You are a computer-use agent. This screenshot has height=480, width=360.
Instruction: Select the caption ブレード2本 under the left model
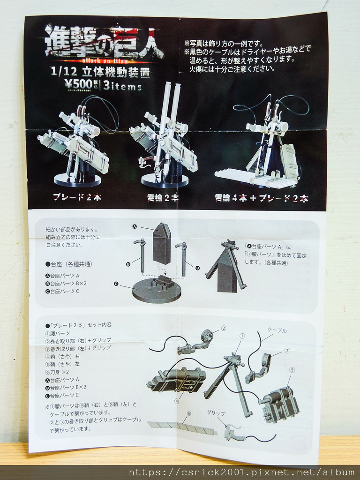77,197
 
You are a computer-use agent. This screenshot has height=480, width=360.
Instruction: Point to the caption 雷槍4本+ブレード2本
261,198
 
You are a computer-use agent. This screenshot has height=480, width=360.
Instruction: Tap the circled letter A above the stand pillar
135,227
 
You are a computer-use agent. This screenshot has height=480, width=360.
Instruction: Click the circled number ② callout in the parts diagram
224,328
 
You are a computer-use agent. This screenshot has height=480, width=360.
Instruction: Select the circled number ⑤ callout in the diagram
292,369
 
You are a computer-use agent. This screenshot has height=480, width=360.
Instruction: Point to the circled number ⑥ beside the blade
189,413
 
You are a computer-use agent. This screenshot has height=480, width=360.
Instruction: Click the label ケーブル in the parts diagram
277,330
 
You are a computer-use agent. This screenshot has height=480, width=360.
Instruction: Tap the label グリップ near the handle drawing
216,413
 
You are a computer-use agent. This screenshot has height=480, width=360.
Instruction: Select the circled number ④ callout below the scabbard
177,401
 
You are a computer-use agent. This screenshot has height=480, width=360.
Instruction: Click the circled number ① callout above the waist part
242,336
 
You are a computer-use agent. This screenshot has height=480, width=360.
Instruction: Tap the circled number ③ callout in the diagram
287,350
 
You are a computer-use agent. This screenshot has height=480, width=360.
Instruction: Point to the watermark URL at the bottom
241,472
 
